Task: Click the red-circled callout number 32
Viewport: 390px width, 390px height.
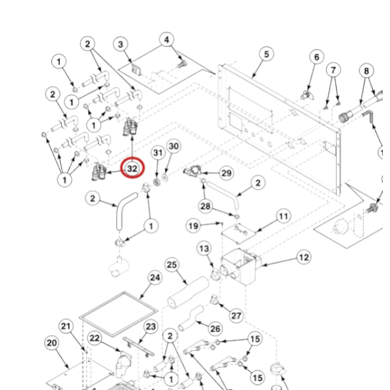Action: tap(133, 168)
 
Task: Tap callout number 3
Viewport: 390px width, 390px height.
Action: tap(120, 44)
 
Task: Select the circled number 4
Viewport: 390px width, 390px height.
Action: tap(167, 40)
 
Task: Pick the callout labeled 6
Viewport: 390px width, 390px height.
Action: tap(317, 57)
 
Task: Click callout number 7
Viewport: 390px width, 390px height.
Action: tap(333, 70)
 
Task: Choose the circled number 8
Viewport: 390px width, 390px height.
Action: tap(367, 70)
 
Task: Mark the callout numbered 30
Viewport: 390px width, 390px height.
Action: tap(172, 147)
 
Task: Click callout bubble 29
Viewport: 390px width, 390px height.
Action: tap(226, 173)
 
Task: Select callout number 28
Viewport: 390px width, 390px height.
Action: tap(205, 206)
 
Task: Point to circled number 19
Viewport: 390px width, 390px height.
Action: tap(193, 226)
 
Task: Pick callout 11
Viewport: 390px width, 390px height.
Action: tap(283, 215)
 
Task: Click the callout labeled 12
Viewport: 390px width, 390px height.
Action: tap(304, 257)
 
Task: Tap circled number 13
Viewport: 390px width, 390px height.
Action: tap(204, 248)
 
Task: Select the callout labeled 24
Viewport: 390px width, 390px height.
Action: tap(155, 278)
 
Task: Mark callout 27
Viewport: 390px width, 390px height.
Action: tap(237, 316)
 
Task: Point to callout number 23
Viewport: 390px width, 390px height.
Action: tap(150, 326)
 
